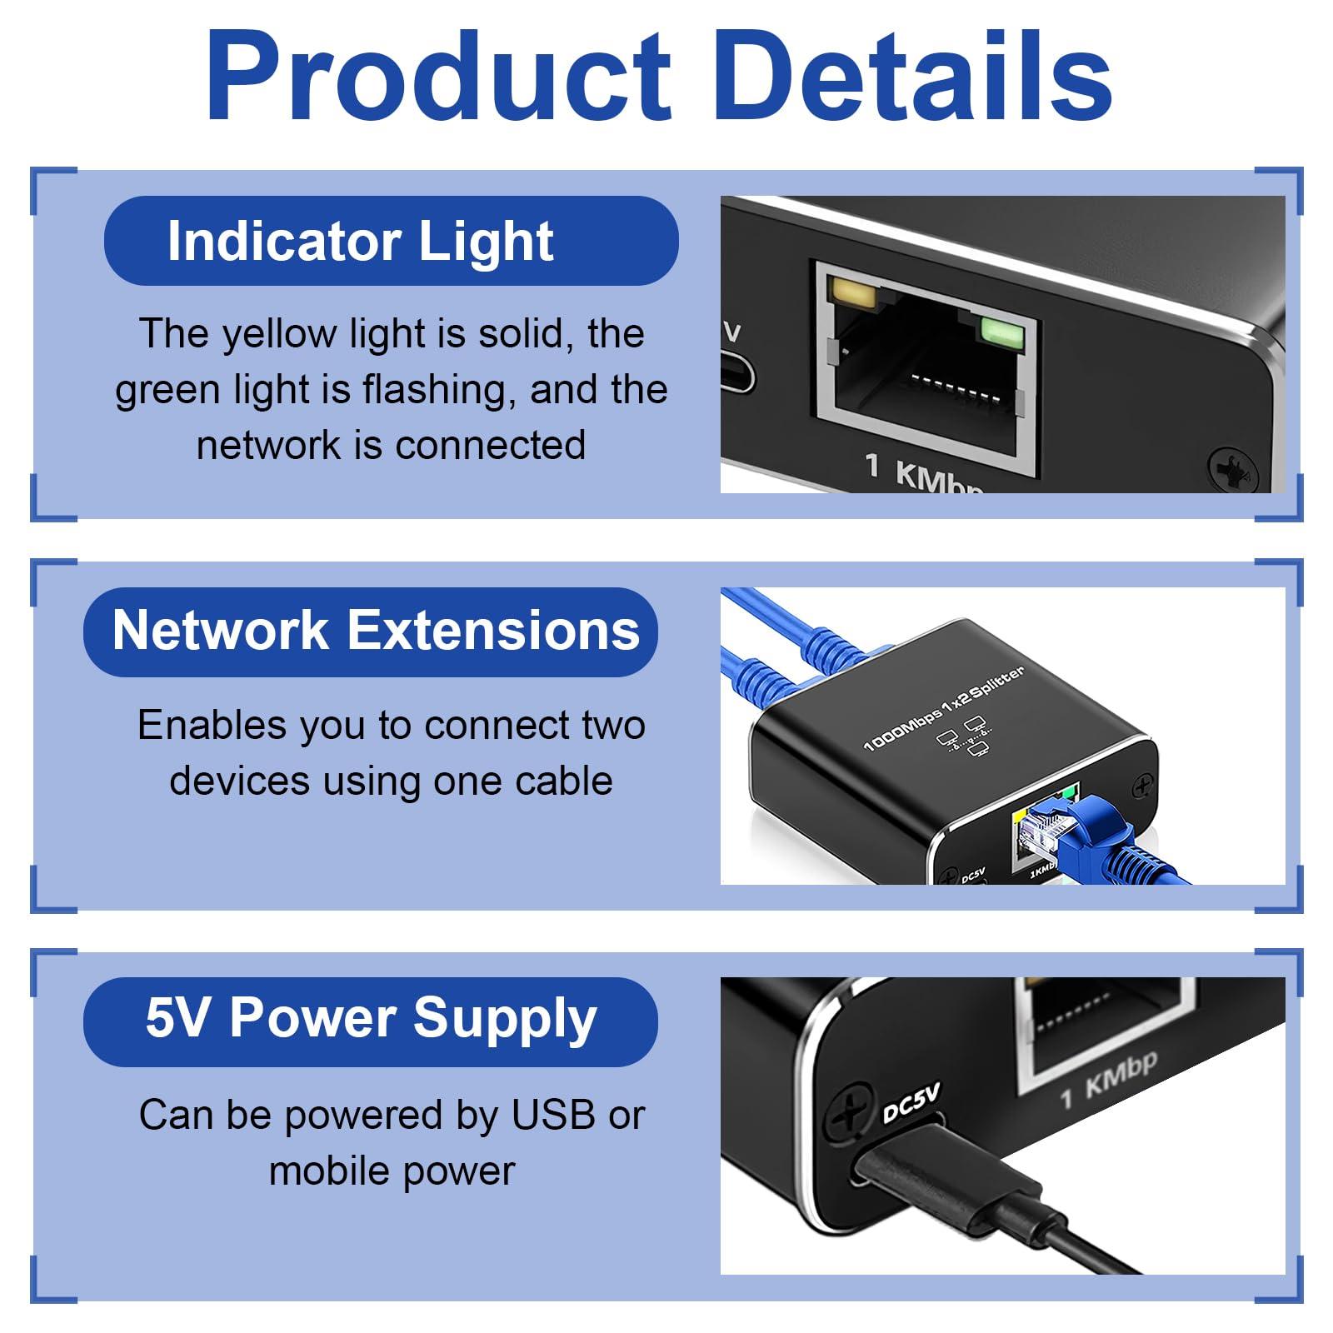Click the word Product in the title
(438, 77)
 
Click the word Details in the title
(912, 77)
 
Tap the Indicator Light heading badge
(391, 241)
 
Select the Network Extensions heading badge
(371, 632)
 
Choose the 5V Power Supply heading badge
(371, 1021)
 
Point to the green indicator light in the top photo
(1002, 330)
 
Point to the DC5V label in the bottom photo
(911, 1101)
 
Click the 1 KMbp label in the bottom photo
(1109, 1080)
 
